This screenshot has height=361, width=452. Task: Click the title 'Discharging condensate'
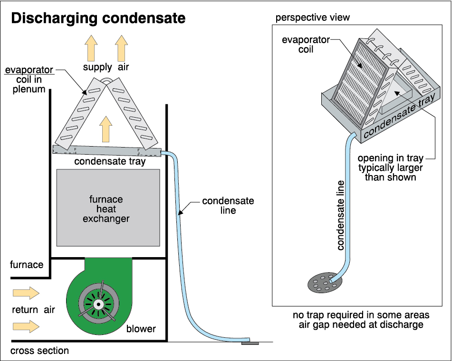pyautogui.click(x=97, y=19)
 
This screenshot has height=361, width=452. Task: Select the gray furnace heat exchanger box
pyautogui.click(x=108, y=208)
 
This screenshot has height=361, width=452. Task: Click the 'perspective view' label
pyautogui.click(x=313, y=18)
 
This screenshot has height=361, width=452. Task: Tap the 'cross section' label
pyautogui.click(x=40, y=351)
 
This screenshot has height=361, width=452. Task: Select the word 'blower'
pyautogui.click(x=141, y=329)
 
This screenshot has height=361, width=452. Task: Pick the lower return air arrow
pyautogui.click(x=26, y=326)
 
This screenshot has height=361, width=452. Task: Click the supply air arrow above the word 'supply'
pyautogui.click(x=91, y=48)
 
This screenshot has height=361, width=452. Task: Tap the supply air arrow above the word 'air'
pyautogui.click(x=122, y=48)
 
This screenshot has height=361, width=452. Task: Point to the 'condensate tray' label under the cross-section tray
pyautogui.click(x=110, y=162)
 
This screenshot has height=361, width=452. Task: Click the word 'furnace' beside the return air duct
pyautogui.click(x=27, y=265)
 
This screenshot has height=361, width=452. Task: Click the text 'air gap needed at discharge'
pyautogui.click(x=361, y=325)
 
